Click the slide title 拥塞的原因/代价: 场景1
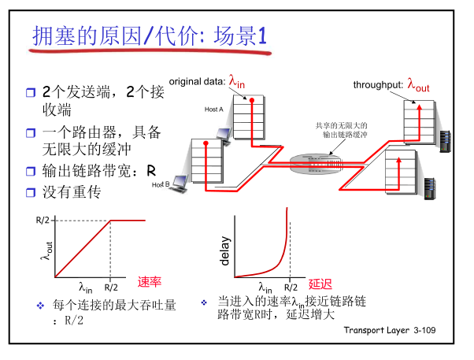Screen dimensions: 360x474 (x=150, y=36)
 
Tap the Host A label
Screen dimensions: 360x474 (x=214, y=109)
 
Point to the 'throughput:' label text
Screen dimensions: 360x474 (x=378, y=85)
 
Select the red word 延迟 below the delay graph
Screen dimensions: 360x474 (x=321, y=284)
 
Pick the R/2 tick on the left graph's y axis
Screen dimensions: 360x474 (x=44, y=220)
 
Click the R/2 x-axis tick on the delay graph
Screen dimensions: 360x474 (x=291, y=288)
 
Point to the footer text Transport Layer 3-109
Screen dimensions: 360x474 (x=389, y=328)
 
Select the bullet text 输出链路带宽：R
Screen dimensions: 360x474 (x=98, y=171)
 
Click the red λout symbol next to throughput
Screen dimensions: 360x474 (x=418, y=84)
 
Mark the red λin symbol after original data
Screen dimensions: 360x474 (x=238, y=80)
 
